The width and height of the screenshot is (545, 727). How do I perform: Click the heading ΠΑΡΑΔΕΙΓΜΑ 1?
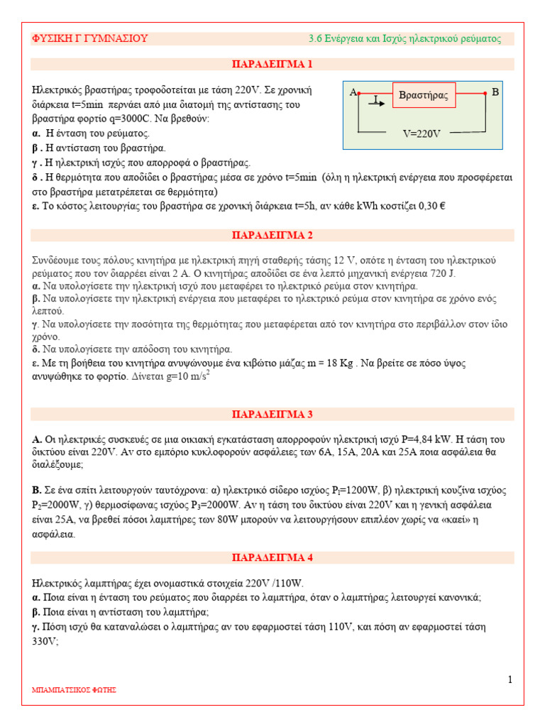(x=272, y=65)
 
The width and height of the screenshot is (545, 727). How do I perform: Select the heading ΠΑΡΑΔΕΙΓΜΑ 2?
(x=272, y=235)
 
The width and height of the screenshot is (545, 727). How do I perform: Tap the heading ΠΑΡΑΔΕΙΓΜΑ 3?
(x=272, y=414)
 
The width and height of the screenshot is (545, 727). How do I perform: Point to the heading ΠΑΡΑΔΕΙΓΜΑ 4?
(x=272, y=557)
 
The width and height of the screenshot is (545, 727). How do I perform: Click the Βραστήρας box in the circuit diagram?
(x=424, y=95)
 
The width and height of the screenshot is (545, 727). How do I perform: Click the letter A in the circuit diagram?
(x=353, y=93)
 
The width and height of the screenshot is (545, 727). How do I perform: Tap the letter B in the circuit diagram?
(x=495, y=93)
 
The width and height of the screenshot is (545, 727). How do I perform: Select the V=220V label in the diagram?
(x=422, y=133)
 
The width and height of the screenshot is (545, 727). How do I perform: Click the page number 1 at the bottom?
(x=510, y=680)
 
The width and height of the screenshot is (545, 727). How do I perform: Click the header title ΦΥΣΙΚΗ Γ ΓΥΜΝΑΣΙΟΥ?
(x=90, y=38)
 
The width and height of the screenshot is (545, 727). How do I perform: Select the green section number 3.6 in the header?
(x=316, y=38)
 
